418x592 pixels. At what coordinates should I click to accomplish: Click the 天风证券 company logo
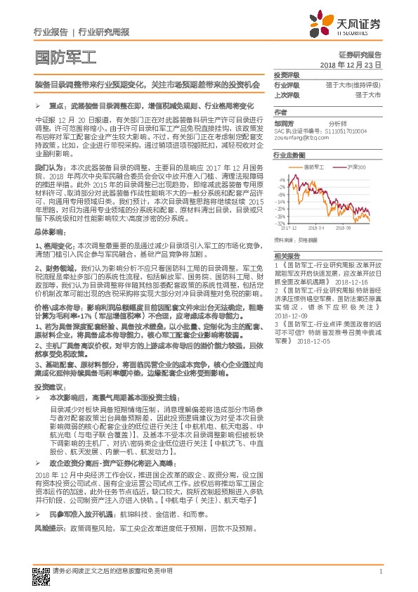[355, 24]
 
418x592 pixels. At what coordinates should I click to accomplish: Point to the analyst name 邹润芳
[285, 122]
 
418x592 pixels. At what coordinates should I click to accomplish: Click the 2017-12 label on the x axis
[289, 229]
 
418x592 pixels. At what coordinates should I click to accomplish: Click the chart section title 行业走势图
[289, 154]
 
